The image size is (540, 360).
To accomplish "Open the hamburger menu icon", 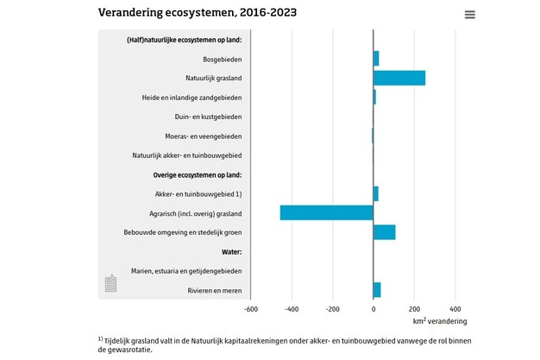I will pyautogui.click(x=470, y=15).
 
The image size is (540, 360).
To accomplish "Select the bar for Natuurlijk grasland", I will pyautogui.click(x=399, y=78).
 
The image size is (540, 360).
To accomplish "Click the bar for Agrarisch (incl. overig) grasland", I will pyautogui.click(x=327, y=212).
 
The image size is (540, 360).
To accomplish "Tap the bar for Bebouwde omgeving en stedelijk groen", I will pyautogui.click(x=385, y=232).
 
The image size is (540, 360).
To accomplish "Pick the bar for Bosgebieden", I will pyautogui.click(x=376, y=59).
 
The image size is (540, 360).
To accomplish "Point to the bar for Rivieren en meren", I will pyautogui.click(x=377, y=290).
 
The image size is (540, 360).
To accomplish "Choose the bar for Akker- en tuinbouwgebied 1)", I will pyautogui.click(x=376, y=193).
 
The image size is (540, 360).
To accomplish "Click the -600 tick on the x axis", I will pyautogui.click(x=251, y=308).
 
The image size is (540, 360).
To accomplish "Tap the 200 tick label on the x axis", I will pyautogui.click(x=414, y=308).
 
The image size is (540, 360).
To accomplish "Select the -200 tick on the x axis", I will pyautogui.click(x=332, y=308).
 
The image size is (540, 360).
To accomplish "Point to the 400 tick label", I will pyautogui.click(x=455, y=308).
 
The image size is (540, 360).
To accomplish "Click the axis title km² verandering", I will pyautogui.click(x=440, y=321).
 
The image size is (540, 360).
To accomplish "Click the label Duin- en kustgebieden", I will pyautogui.click(x=204, y=117).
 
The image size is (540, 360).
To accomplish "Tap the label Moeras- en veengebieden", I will pyautogui.click(x=203, y=136).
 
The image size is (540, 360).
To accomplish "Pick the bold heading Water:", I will pyautogui.click(x=231, y=251).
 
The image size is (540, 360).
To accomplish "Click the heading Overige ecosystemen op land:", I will pyautogui.click(x=198, y=174).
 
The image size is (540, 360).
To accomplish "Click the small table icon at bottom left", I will pyautogui.click(x=110, y=283).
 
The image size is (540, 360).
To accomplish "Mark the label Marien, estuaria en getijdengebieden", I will pyautogui.click(x=186, y=271).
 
